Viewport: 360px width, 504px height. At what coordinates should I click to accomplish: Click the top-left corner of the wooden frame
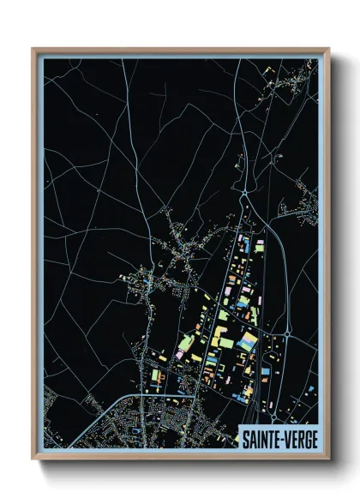click(33, 49)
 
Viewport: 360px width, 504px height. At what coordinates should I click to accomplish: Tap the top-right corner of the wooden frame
click(328, 49)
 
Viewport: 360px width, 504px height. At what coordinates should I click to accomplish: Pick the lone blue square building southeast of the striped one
click(265, 370)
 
